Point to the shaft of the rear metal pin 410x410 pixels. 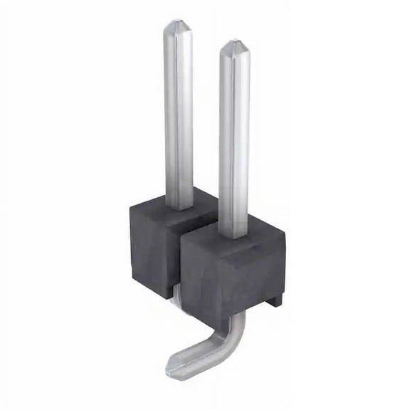click(x=178, y=114)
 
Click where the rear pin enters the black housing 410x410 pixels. click(x=179, y=207)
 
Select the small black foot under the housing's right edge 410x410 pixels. click(x=274, y=300)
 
